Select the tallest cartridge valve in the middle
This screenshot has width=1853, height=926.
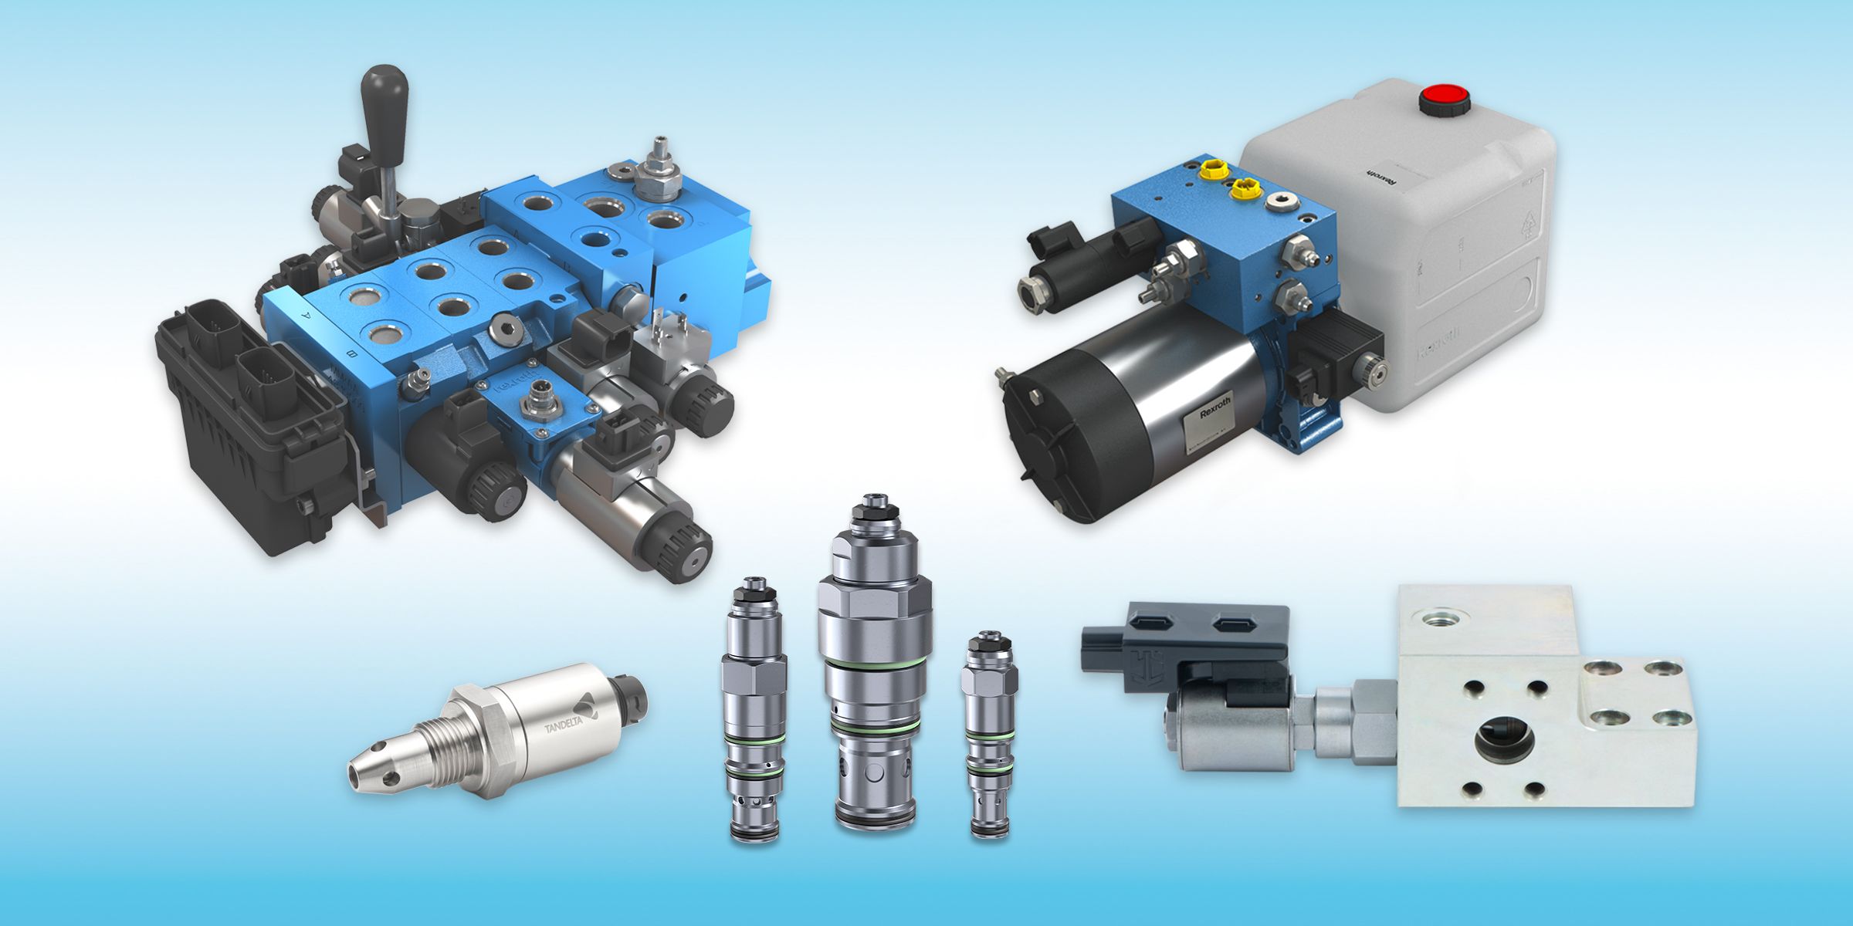pos(875,664)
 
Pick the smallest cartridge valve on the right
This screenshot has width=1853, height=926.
pos(989,733)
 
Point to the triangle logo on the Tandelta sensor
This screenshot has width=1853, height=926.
pos(589,705)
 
